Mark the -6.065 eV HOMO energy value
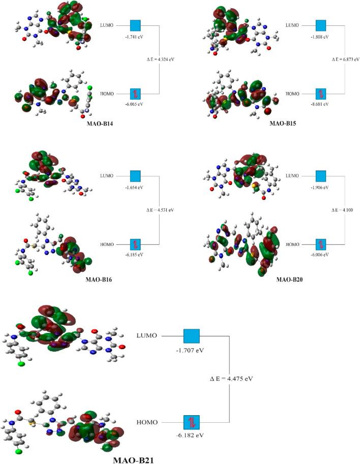tap(135, 104)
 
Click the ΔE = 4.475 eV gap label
tap(231, 379)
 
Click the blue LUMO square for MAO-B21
tap(192, 336)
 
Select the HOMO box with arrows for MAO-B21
tap(192, 422)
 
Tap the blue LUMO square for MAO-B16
tap(135, 176)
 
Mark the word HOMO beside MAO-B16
tap(107, 244)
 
